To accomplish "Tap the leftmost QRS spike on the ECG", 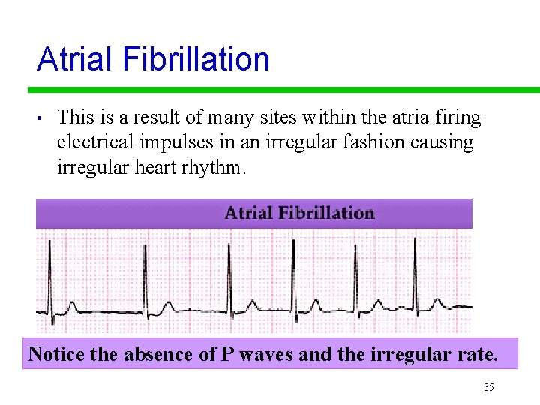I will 49,277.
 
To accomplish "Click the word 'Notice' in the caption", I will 56,353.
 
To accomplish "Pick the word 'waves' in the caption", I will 267,353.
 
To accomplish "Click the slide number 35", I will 489,387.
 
